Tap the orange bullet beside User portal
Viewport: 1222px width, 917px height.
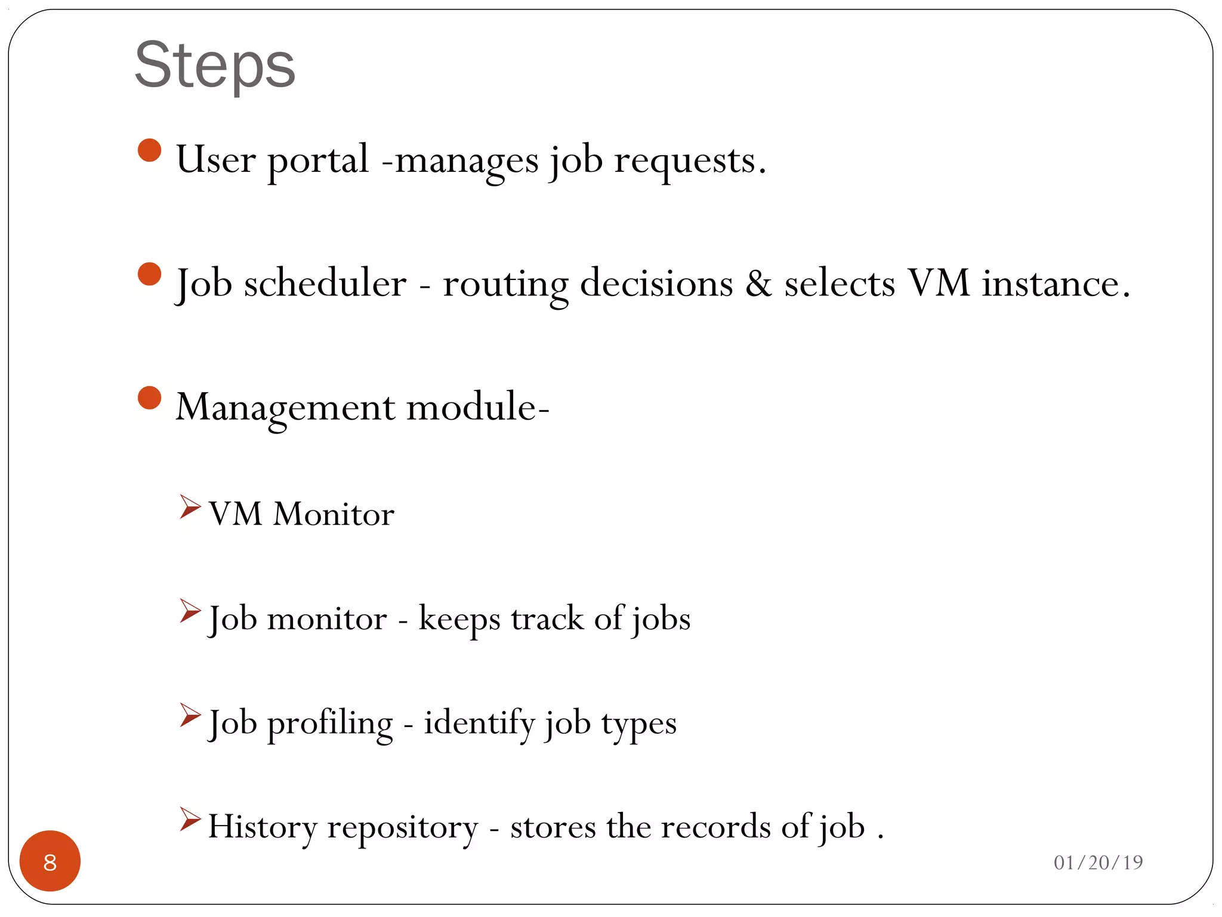[x=149, y=150]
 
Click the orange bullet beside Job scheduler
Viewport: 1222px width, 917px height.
[x=149, y=275]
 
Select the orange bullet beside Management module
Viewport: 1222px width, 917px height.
[x=149, y=398]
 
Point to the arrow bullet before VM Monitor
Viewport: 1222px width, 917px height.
[x=190, y=506]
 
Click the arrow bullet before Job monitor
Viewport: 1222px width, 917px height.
[x=190, y=611]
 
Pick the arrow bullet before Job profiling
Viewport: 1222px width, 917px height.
[x=190, y=715]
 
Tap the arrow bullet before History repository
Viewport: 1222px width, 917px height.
[x=190, y=819]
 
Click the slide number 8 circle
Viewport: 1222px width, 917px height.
[x=50, y=861]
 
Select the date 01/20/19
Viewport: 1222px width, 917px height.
[x=1098, y=862]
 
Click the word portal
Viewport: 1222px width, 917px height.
[x=317, y=161]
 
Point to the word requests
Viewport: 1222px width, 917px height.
[x=689, y=161]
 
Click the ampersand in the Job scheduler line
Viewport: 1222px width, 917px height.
[x=758, y=283]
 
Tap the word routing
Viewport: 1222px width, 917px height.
[x=505, y=284]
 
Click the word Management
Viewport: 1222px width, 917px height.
[x=285, y=407]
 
